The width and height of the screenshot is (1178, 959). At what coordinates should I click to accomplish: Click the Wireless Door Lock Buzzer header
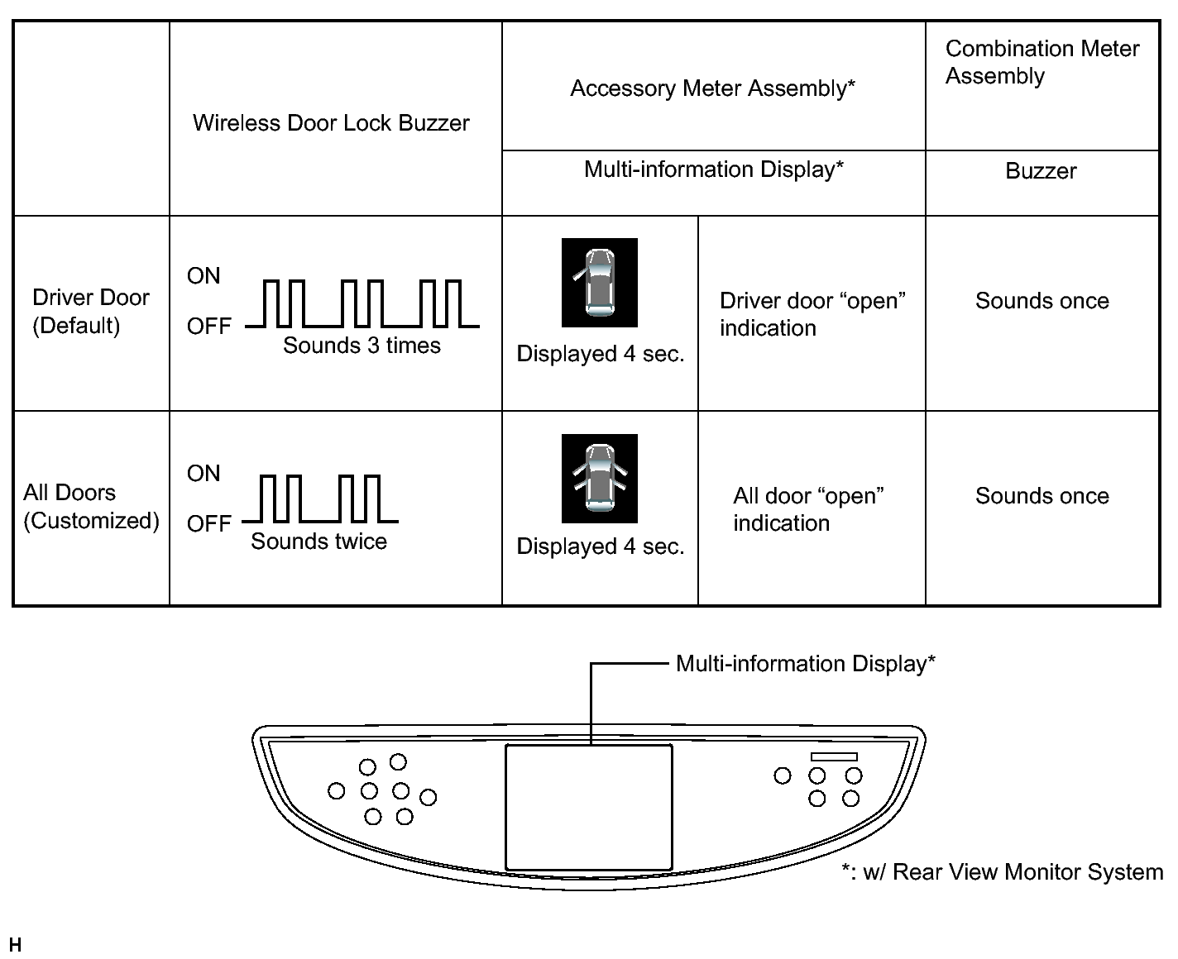(331, 123)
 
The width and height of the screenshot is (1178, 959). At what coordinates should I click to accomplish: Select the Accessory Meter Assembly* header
(712, 88)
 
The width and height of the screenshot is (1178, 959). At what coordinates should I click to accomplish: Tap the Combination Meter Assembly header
(1042, 62)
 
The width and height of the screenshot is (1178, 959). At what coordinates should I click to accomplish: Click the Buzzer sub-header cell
(1041, 171)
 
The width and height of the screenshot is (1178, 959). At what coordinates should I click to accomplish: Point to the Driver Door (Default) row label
(91, 311)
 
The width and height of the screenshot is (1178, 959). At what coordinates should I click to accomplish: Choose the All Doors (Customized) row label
(91, 506)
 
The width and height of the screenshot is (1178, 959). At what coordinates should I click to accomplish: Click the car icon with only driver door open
(600, 282)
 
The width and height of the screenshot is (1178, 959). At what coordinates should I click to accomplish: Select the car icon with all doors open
(600, 478)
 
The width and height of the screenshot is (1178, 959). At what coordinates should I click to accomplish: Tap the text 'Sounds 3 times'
(362, 346)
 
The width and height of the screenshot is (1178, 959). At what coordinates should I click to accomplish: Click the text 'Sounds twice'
(318, 542)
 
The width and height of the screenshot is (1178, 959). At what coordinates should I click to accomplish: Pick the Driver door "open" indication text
(812, 314)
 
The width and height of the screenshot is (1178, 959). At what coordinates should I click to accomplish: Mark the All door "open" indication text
(808, 509)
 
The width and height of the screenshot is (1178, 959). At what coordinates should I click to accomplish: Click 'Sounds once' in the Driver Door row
(1042, 301)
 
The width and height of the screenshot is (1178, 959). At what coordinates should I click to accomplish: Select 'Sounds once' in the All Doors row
(1042, 496)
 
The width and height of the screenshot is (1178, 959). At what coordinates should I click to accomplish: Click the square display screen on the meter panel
(588, 806)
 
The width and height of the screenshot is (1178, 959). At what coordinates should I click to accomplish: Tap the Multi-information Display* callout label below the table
(805, 664)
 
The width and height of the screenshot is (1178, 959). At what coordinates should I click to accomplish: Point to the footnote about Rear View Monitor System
(1002, 872)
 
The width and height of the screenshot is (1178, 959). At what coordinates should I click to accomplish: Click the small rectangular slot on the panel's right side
(834, 756)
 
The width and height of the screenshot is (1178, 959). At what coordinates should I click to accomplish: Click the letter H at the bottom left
(15, 945)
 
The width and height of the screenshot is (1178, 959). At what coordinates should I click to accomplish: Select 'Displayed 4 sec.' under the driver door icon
(600, 355)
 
